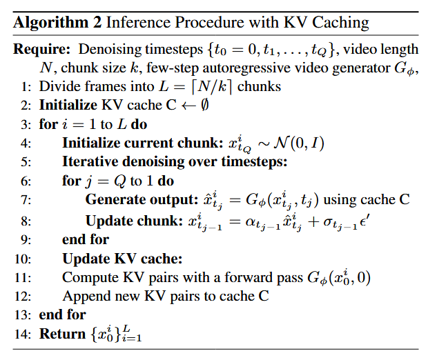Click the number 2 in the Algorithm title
click(97, 22)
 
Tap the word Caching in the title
click(340, 23)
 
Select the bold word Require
click(41, 50)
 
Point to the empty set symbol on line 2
click(204, 105)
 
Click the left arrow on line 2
click(189, 106)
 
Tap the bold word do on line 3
click(139, 124)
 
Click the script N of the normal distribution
click(281, 143)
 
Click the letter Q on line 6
click(120, 181)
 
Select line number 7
click(26, 200)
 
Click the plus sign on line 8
click(313, 221)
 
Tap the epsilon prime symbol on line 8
click(364, 221)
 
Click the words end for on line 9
click(86, 239)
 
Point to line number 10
click(23, 259)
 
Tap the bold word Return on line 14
click(63, 334)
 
